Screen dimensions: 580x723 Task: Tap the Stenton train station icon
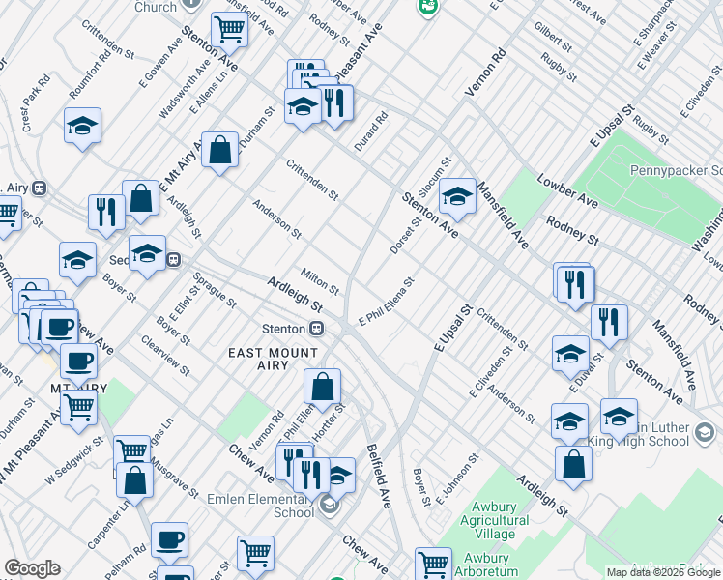click(315, 329)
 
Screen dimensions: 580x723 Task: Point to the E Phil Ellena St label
click(386, 303)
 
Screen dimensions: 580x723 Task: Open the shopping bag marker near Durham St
click(220, 150)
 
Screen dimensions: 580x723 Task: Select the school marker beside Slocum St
click(458, 196)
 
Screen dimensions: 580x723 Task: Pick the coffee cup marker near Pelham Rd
click(170, 539)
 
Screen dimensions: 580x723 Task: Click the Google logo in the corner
click(32, 568)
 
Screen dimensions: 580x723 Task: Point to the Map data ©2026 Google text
click(662, 572)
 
